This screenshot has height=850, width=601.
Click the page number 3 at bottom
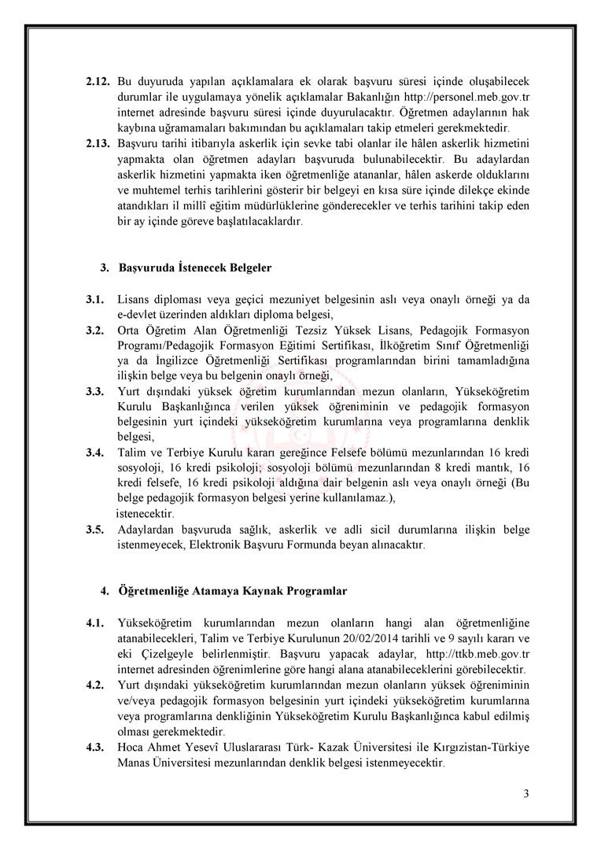point(525,793)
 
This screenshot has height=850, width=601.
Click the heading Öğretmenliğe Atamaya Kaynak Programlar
point(233,590)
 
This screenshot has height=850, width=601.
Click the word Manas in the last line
point(135,763)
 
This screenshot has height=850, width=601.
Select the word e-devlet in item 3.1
point(140,314)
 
